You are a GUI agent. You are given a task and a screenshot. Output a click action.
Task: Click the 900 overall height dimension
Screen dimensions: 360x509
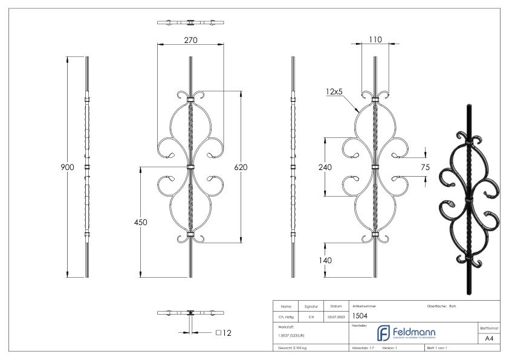59,168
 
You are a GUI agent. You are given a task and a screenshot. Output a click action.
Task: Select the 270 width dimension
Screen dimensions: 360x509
190,40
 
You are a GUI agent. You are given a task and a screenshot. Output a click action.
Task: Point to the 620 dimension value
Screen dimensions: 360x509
241,168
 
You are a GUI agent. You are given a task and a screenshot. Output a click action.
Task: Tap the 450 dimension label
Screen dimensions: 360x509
140,221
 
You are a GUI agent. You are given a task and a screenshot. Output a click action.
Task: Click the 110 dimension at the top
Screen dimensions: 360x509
374,39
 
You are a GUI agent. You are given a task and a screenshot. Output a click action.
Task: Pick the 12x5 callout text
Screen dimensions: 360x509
334,91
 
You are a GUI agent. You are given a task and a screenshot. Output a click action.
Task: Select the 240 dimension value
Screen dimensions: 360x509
325,168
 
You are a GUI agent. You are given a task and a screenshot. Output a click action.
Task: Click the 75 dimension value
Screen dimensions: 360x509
426,168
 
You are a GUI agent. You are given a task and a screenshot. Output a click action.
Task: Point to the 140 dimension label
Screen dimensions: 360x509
325,260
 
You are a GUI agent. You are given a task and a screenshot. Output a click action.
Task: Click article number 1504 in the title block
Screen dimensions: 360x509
359,315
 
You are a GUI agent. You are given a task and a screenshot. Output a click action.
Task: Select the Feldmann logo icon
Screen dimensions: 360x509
383,333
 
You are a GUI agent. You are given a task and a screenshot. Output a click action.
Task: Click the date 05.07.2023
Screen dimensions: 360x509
336,316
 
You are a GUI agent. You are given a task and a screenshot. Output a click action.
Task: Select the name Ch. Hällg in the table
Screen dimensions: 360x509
286,316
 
